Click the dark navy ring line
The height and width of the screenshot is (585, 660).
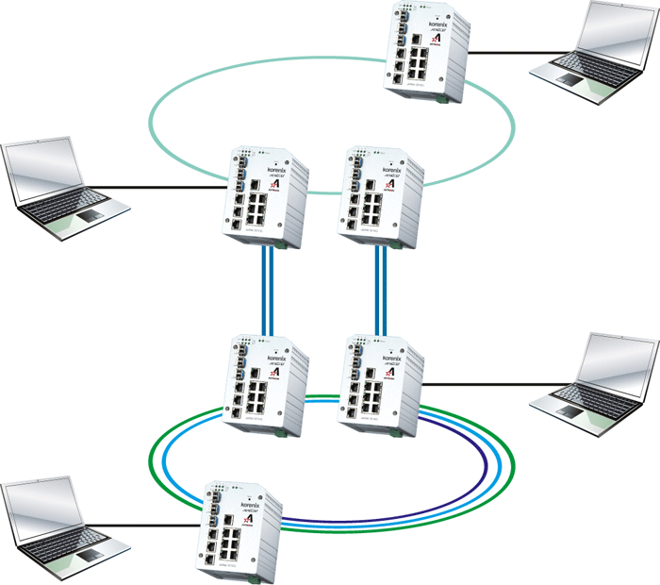coord(485,462)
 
